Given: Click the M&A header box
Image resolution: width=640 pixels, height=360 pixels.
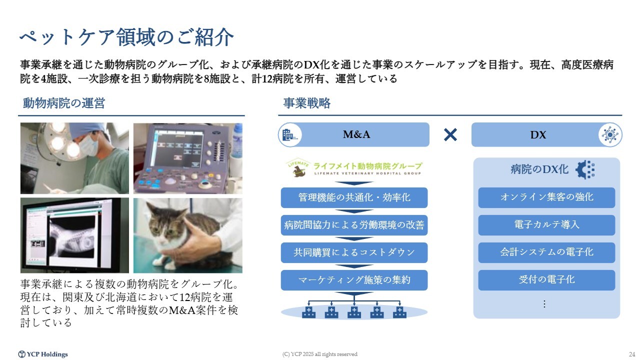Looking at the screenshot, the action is [x=353, y=134].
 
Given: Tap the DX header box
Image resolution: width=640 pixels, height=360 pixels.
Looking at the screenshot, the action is [x=547, y=134].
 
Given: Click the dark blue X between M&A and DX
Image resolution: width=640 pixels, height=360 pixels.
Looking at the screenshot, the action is [x=450, y=134].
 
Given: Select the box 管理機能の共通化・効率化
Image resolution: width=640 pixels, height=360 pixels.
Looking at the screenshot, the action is [x=354, y=197].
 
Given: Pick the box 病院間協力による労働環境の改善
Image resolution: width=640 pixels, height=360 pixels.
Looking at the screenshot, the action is [x=354, y=225].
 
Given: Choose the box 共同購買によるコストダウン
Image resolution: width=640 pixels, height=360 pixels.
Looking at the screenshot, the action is [x=354, y=252].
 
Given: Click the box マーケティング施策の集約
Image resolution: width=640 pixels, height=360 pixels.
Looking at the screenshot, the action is [x=354, y=280].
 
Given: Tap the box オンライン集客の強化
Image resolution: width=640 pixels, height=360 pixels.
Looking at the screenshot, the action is [x=546, y=197].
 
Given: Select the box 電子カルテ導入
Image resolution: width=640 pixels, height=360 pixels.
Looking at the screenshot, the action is [x=546, y=225].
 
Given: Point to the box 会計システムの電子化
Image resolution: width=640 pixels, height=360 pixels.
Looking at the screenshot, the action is [x=546, y=252].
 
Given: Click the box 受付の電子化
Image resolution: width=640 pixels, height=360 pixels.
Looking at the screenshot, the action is [x=546, y=280].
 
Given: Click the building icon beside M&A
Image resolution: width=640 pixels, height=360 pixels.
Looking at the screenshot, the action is [x=289, y=135].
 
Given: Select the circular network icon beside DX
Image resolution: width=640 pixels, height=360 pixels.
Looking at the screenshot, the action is [x=610, y=135].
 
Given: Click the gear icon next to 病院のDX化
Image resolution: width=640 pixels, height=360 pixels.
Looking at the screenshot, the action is [x=585, y=169].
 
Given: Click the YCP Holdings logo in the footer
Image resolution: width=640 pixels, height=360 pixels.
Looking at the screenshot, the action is [x=43, y=354].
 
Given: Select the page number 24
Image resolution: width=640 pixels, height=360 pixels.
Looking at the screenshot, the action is [x=631, y=354].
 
